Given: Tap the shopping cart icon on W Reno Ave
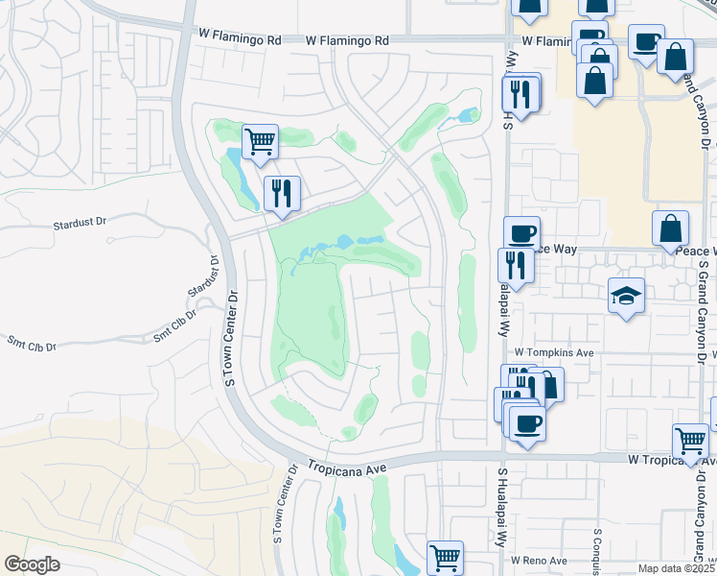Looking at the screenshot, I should [445, 557].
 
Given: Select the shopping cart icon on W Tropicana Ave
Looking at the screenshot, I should [689, 441].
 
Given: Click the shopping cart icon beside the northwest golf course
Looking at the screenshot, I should [260, 141].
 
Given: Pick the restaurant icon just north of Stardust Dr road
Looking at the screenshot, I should [282, 193].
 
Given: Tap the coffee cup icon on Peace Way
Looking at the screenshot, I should [522, 233].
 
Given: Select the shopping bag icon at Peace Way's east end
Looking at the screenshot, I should [670, 228].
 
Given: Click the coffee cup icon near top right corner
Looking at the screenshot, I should [646, 41].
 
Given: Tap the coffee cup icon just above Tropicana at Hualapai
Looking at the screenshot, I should [526, 422].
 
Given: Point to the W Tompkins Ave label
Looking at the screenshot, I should [555, 353].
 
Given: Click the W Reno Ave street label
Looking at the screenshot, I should [540, 560].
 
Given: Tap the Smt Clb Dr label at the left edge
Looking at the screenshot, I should [33, 343].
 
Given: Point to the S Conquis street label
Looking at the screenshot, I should [596, 545].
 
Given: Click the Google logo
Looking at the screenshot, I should [33, 564].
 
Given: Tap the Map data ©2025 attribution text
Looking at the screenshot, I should [674, 568].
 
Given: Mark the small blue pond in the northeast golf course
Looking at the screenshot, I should [468, 116].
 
